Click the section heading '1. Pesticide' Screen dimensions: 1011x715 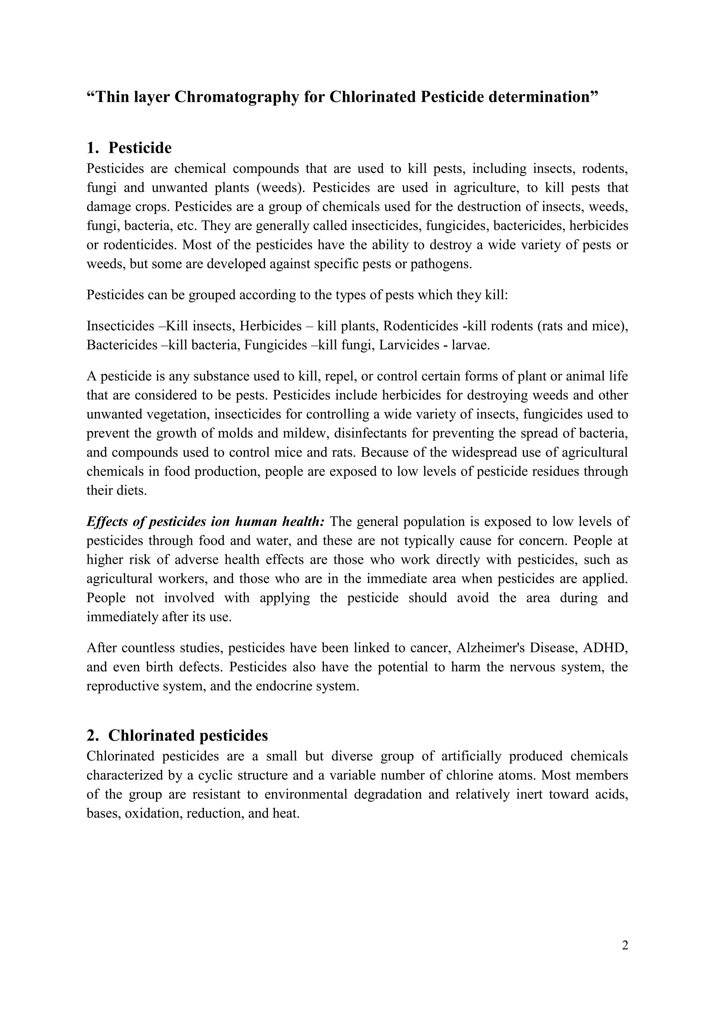pyautogui.click(x=129, y=148)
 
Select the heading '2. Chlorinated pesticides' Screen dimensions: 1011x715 pyautogui.click(x=177, y=735)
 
